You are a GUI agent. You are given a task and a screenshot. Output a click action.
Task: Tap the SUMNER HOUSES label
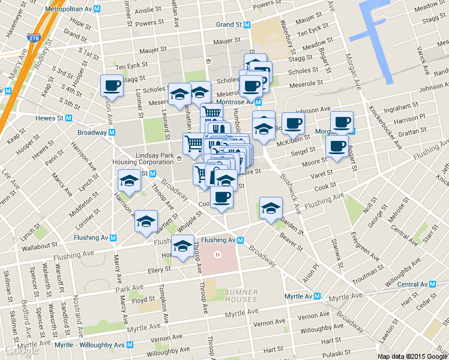click(x=241, y=295)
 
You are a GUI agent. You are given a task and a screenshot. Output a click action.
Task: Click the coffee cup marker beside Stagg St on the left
click(x=112, y=85)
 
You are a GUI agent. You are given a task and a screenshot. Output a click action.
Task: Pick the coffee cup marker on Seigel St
click(x=336, y=146)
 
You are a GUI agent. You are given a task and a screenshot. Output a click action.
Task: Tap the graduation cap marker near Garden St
click(x=271, y=208)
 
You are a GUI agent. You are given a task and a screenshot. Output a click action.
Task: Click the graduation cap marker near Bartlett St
click(x=146, y=221)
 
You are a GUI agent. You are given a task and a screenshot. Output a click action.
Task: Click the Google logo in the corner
click(x=20, y=351)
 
